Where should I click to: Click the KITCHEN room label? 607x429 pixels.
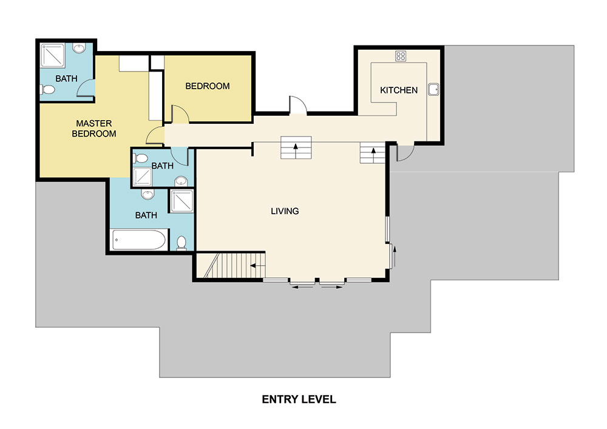pos(399,90)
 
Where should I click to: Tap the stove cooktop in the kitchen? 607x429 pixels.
pos(401,56)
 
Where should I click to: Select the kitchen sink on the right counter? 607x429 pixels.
pos(433,90)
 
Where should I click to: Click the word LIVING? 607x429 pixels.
pos(285,211)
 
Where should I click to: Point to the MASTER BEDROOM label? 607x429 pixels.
pos(94,129)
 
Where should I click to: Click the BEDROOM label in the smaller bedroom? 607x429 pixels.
pos(208,86)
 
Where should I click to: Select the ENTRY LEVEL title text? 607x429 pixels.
pos(299,399)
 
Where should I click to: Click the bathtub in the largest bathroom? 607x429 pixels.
pos(139,240)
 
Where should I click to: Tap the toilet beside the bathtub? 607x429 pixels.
pos(181,243)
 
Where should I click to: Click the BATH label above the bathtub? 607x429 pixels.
pos(146,215)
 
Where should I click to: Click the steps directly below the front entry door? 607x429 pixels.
pos(296,147)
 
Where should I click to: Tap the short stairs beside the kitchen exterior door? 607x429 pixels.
pos(372,154)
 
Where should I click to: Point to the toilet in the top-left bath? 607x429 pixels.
pos(49,90)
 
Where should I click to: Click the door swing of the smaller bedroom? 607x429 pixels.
pos(180,113)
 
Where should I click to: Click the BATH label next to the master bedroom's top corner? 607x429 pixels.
pos(66,78)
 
